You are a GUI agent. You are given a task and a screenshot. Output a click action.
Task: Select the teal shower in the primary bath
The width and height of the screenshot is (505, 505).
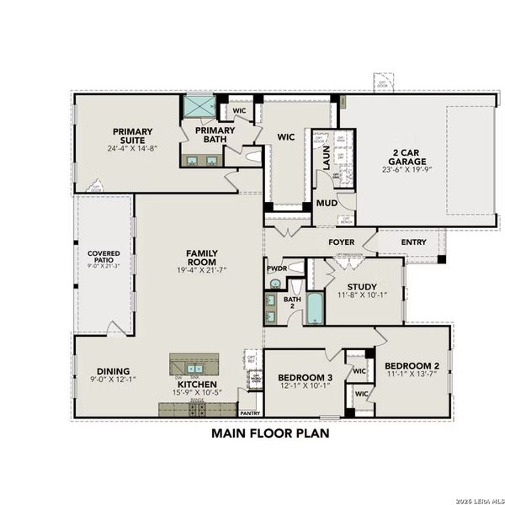pos(200,108)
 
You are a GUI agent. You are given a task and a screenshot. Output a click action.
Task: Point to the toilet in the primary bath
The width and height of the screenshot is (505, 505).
pos(252,156)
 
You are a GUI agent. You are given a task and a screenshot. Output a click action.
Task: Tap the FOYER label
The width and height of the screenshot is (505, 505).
pos(341,242)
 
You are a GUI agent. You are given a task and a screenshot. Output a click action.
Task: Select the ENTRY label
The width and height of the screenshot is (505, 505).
pos(413,242)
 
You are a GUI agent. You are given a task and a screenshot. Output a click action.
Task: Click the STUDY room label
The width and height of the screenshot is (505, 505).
pos(362,286)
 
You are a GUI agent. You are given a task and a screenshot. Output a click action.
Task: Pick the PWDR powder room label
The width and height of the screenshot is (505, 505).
pos(277,269)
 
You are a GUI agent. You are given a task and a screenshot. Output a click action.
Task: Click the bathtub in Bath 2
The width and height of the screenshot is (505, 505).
pos(314,309)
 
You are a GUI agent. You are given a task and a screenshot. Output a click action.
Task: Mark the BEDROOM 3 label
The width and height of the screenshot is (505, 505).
pos(306,376)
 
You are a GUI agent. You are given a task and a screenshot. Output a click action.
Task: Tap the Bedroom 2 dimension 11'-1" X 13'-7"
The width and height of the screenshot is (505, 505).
pos(412,375)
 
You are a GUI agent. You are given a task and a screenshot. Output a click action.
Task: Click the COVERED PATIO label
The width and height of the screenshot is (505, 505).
pos(104,258)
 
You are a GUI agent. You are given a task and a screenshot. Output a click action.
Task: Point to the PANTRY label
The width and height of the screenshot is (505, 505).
pos(250,413)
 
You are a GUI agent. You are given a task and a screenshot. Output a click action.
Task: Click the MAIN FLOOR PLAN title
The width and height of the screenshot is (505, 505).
pos(269,434)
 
